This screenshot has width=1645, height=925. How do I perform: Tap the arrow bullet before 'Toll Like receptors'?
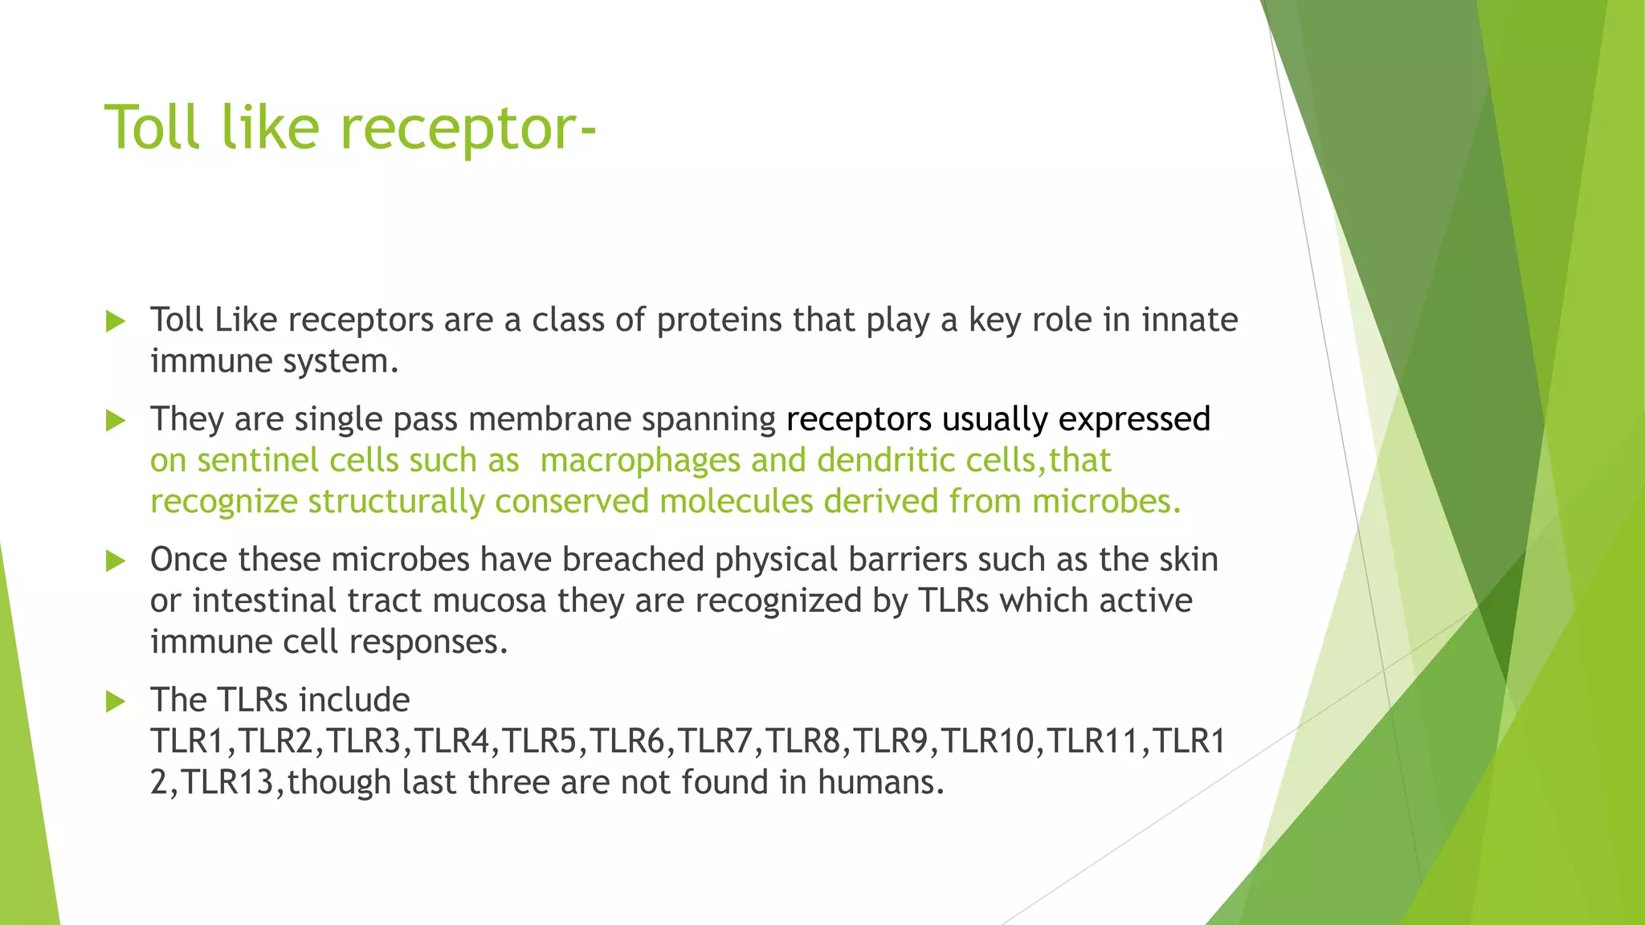coord(116,322)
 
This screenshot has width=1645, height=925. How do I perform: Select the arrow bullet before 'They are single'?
coord(116,421)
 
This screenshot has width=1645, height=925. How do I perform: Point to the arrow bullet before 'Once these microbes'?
coord(116,561)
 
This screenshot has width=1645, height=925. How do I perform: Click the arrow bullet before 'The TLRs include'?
coord(116,702)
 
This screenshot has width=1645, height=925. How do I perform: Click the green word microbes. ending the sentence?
coord(1106,502)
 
